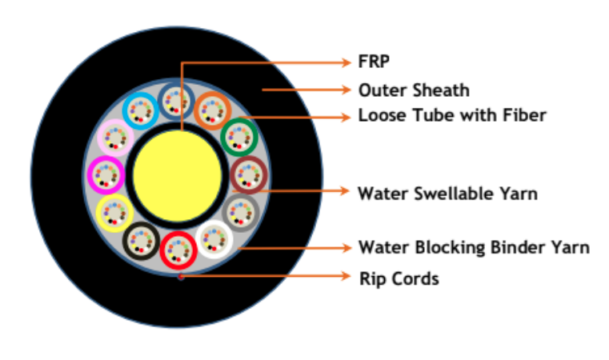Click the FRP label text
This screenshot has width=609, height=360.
(373, 61)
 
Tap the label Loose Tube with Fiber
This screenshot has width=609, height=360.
(451, 115)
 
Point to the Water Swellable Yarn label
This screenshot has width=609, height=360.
(447, 193)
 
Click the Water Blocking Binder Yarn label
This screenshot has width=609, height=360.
(473, 247)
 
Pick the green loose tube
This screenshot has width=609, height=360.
(238, 136)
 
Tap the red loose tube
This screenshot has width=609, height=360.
(178, 249)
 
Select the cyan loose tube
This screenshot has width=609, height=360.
(142, 110)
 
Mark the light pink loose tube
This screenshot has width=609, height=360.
(115, 138)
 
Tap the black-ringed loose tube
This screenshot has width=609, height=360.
(141, 238)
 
